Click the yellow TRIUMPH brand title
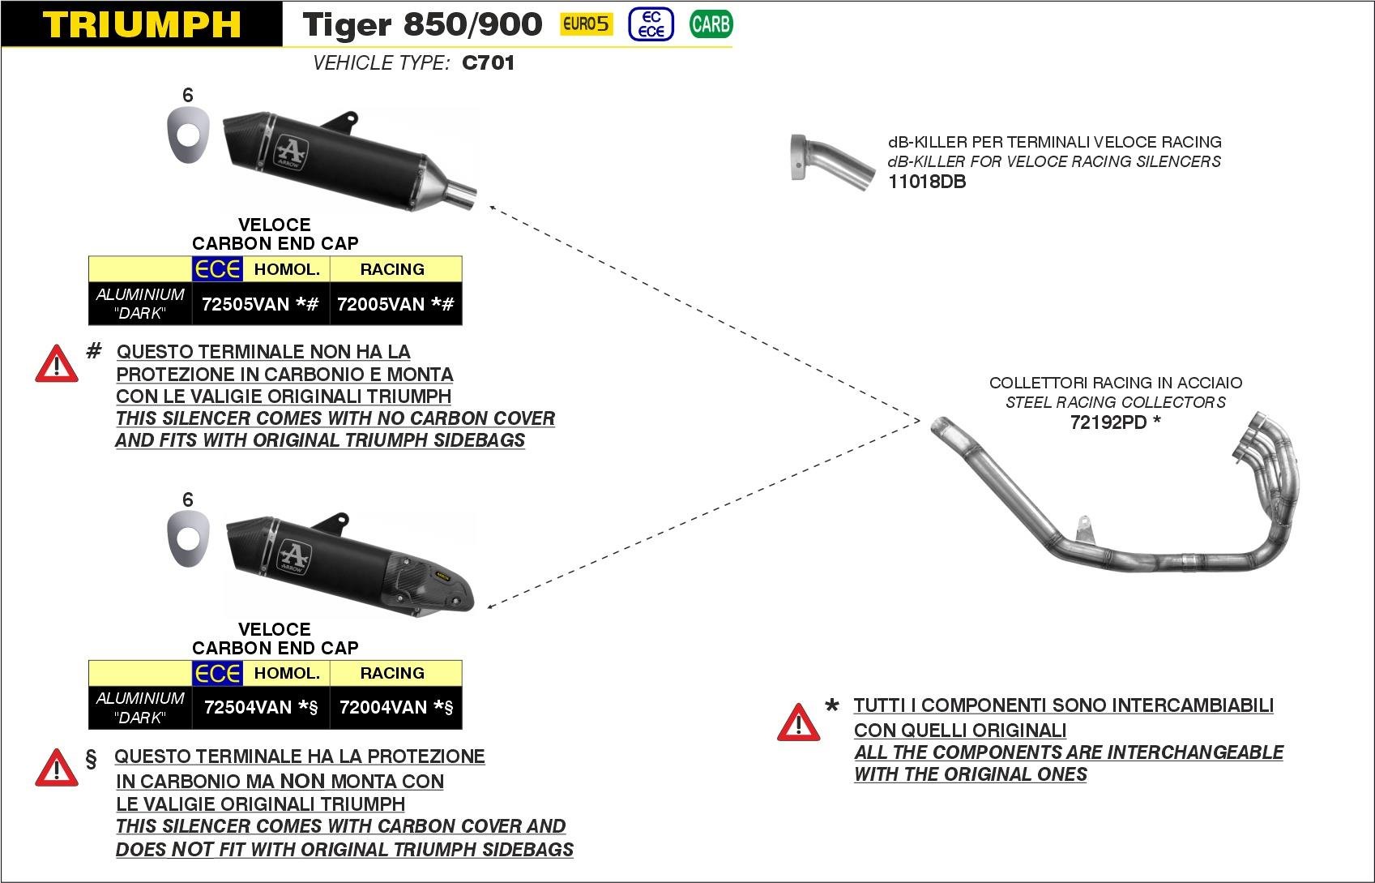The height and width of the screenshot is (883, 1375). (141, 24)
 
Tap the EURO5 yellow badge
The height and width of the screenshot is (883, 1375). (586, 24)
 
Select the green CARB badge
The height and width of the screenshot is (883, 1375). (711, 24)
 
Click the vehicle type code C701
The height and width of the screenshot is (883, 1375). (488, 63)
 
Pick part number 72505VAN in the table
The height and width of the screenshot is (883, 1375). (246, 304)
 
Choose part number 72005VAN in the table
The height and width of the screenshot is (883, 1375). (381, 304)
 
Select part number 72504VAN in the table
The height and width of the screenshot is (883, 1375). (248, 707)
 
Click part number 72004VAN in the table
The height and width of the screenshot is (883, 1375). (383, 707)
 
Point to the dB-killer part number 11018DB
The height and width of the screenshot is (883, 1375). (927, 182)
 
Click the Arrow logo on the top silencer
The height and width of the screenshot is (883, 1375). (289, 152)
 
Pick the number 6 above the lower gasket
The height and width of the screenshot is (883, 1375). (188, 499)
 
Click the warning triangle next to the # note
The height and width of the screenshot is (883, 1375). (56, 364)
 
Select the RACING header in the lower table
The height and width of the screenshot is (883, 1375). (392, 673)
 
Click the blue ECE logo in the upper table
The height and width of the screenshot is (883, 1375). (217, 269)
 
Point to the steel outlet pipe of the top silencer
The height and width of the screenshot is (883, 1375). (463, 195)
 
